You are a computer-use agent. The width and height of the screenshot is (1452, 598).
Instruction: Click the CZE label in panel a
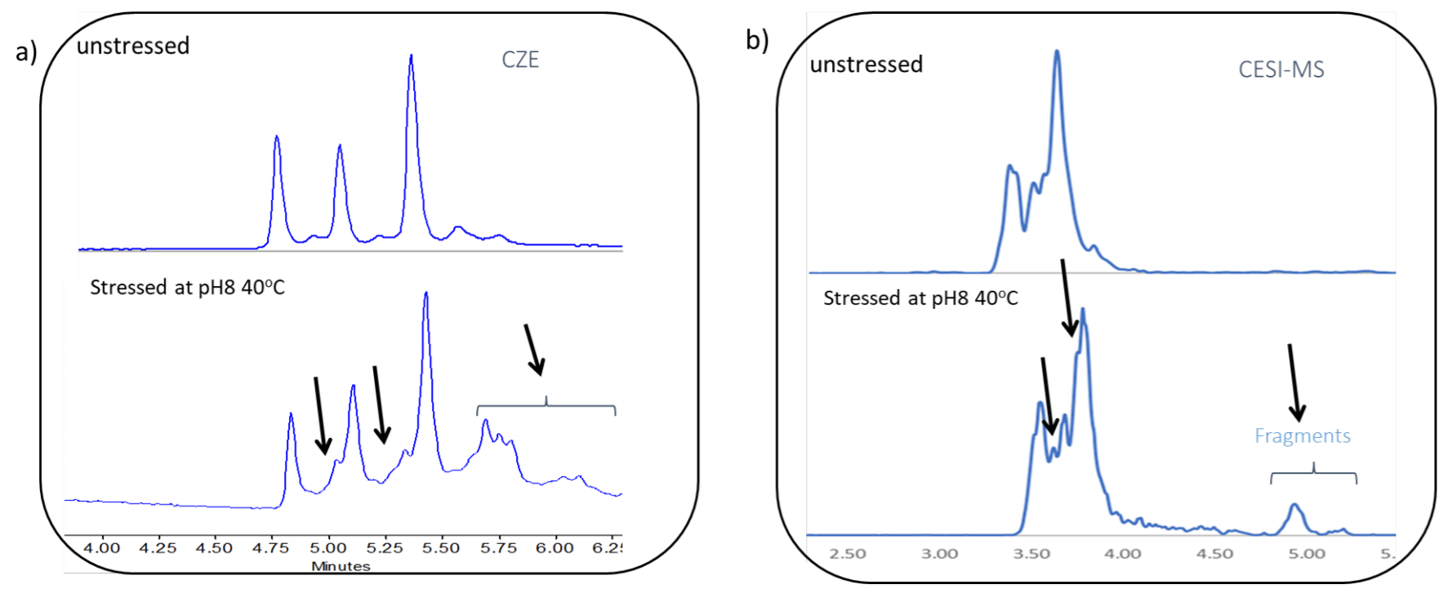[520, 60]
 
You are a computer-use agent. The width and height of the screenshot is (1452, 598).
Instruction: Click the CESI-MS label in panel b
[1281, 70]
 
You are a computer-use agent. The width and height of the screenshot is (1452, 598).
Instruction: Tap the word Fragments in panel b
[1302, 436]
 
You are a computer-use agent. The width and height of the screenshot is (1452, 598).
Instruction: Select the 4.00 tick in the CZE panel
[102, 548]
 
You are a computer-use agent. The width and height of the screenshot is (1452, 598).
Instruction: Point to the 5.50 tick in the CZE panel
[441, 548]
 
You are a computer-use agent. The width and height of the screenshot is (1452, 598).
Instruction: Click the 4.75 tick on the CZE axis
[270, 548]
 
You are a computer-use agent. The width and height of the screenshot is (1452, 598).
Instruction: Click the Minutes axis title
[341, 566]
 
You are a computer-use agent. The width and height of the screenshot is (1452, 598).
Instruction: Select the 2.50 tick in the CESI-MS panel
[848, 554]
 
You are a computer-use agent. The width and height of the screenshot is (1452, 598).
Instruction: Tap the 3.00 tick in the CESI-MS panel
[940, 554]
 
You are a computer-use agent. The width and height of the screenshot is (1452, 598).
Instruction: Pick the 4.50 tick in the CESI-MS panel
[1214, 554]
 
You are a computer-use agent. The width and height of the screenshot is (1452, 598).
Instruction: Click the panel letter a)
[26, 52]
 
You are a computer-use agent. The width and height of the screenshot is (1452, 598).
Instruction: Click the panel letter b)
[757, 39]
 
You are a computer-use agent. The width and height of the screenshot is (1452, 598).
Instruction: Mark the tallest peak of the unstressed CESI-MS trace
[1057, 52]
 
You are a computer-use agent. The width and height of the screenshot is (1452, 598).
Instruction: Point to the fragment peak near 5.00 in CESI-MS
[1294, 506]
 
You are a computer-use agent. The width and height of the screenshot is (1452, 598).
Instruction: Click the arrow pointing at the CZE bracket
[534, 350]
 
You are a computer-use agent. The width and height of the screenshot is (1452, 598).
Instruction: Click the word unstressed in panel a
[133, 46]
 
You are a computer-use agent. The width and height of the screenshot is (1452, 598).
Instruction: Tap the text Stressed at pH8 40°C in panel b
[920, 298]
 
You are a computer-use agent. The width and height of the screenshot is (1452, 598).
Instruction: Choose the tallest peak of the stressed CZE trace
[425, 294]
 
